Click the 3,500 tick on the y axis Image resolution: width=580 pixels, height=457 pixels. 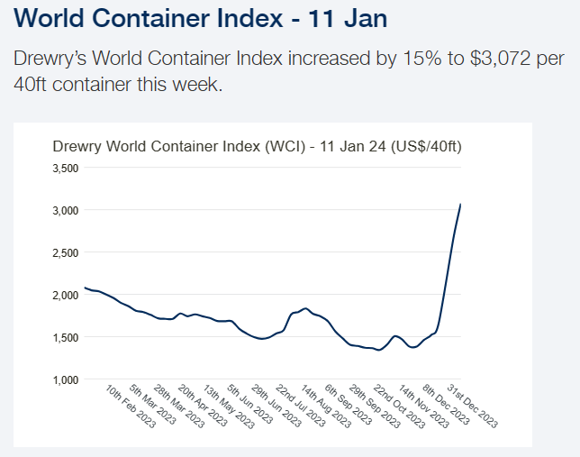tap(68, 168)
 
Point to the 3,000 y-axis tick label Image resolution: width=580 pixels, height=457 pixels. tap(68, 210)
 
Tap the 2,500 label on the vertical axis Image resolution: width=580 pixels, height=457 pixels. tap(68, 252)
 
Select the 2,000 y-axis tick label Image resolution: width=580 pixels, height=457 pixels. tap(68, 295)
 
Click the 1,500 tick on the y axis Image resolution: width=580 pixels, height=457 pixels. tap(68, 337)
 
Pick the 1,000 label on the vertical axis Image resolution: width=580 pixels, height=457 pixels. tap(68, 379)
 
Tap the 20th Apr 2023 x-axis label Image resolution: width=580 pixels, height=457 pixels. tap(202, 407)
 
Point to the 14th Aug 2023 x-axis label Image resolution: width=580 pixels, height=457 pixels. tap(322, 407)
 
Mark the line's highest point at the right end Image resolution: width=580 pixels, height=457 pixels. tap(461, 204)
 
